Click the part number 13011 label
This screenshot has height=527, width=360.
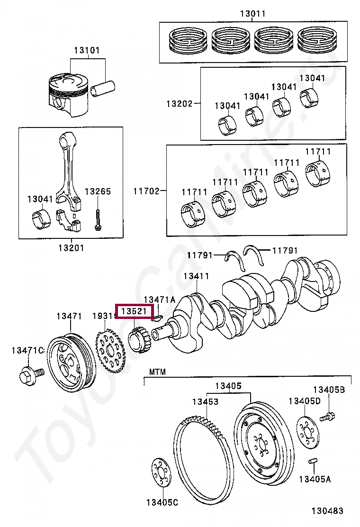252,14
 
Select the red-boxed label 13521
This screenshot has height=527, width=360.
135,311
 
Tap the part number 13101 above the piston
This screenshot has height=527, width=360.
86,50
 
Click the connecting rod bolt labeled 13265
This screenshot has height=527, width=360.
98,218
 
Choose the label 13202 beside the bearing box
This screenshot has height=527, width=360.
179,103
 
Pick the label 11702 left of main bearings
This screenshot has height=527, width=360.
146,191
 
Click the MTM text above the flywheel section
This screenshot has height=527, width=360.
158,372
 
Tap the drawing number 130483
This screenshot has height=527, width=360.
327,511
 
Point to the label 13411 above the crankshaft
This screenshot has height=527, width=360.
196,276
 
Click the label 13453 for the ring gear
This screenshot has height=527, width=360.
205,402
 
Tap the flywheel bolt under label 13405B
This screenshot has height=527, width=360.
328,418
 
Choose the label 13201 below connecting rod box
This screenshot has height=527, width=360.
71,247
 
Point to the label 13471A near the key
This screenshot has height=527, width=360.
159,300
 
